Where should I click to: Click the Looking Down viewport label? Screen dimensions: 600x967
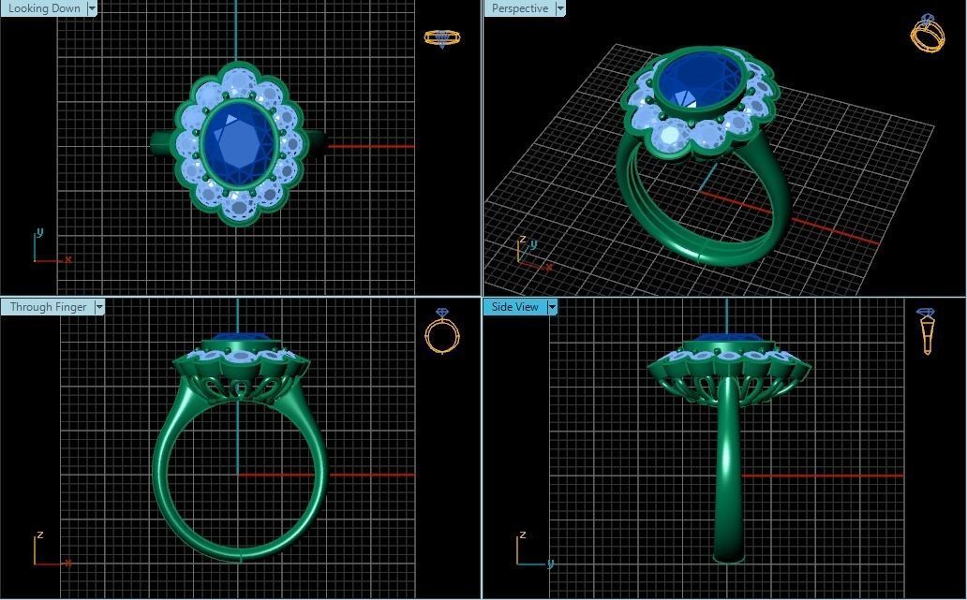pos(43,8)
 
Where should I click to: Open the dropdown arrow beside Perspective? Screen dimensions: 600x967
pos(560,8)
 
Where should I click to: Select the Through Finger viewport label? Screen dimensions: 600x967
pos(48,307)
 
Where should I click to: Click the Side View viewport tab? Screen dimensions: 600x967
pos(515,307)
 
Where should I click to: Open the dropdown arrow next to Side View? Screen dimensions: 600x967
pos(552,307)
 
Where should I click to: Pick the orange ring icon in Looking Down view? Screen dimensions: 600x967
pos(442,37)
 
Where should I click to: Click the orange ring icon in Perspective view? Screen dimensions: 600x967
pos(927,34)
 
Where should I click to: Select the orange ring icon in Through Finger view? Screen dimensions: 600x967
pos(442,332)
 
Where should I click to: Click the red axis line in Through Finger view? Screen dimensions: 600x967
pos(370,475)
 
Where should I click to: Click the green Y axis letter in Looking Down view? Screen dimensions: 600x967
pos(39,232)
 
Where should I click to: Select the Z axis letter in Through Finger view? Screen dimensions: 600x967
pos(39,535)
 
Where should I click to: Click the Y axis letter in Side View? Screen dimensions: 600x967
pos(550,563)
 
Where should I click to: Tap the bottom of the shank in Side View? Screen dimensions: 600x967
pos(728,556)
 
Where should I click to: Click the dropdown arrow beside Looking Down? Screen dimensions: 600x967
pos(92,8)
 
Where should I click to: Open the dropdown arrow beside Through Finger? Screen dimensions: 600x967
pos(99,307)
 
